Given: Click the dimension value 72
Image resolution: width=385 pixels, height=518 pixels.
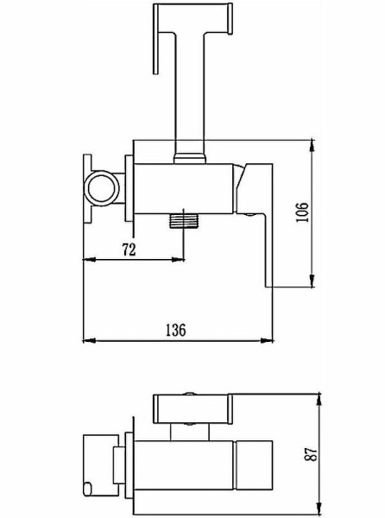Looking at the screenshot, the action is [129, 250].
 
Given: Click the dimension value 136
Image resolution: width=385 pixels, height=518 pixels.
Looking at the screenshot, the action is [175, 330].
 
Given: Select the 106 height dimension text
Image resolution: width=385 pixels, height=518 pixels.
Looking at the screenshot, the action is [302, 212].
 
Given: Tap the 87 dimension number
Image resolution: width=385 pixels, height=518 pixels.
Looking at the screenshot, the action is [312, 454].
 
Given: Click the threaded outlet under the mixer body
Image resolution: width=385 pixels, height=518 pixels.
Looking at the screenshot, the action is [184, 221].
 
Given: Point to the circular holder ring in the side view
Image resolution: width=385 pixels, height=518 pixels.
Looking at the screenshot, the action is [101, 188].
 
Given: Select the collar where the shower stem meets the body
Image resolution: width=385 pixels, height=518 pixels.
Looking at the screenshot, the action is [190, 158].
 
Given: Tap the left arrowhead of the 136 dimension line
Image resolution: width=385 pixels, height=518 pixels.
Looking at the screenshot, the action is [89, 340].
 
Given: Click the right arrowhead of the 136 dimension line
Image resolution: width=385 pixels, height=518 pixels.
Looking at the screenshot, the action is [267, 340].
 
